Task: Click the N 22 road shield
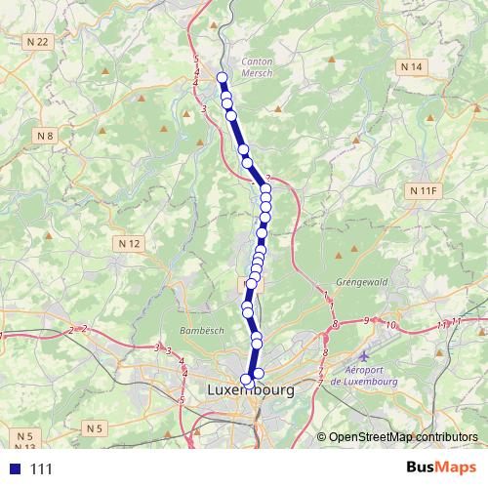pyautogui.click(x=38, y=41)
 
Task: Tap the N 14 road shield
pyautogui.click(x=411, y=65)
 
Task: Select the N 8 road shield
pyautogui.click(x=45, y=135)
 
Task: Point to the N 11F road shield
pyautogui.click(x=423, y=189)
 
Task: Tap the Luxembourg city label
pyautogui.click(x=250, y=389)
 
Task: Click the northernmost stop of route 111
pyautogui.click(x=222, y=77)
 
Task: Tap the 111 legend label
pyautogui.click(x=41, y=469)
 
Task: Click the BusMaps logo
pyautogui.click(x=434, y=468)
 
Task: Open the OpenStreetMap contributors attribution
pyautogui.click(x=405, y=437)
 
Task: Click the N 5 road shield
pyautogui.click(x=24, y=435)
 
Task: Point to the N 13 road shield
pyautogui.click(x=25, y=447)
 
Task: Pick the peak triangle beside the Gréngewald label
pyautogui.click(x=340, y=254)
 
